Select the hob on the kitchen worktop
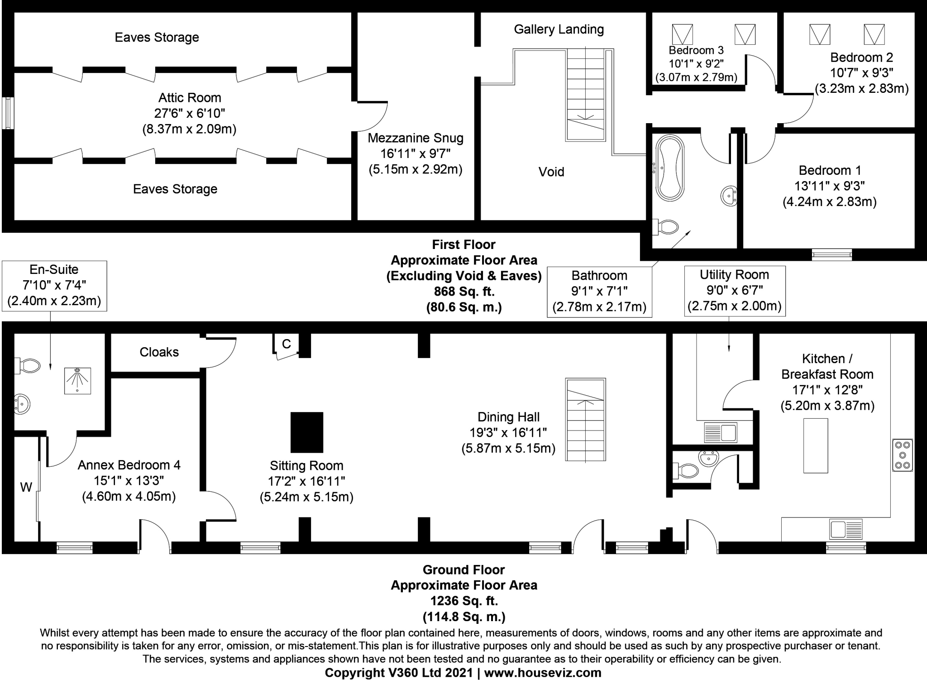[902, 455]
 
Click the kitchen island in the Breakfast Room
[815, 445]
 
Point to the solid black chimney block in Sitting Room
[306, 432]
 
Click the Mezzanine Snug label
[415, 138]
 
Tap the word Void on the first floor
[551, 172]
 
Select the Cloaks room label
[159, 352]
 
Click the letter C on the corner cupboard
[286, 345]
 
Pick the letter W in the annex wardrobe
[26, 488]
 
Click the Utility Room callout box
[734, 290]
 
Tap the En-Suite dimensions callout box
[54, 285]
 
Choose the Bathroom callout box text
[599, 291]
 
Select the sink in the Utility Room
[721, 432]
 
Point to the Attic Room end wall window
[8, 113]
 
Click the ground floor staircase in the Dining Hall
[585, 420]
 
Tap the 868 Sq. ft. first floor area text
[463, 292]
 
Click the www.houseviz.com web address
[542, 673]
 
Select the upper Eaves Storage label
[157, 38]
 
